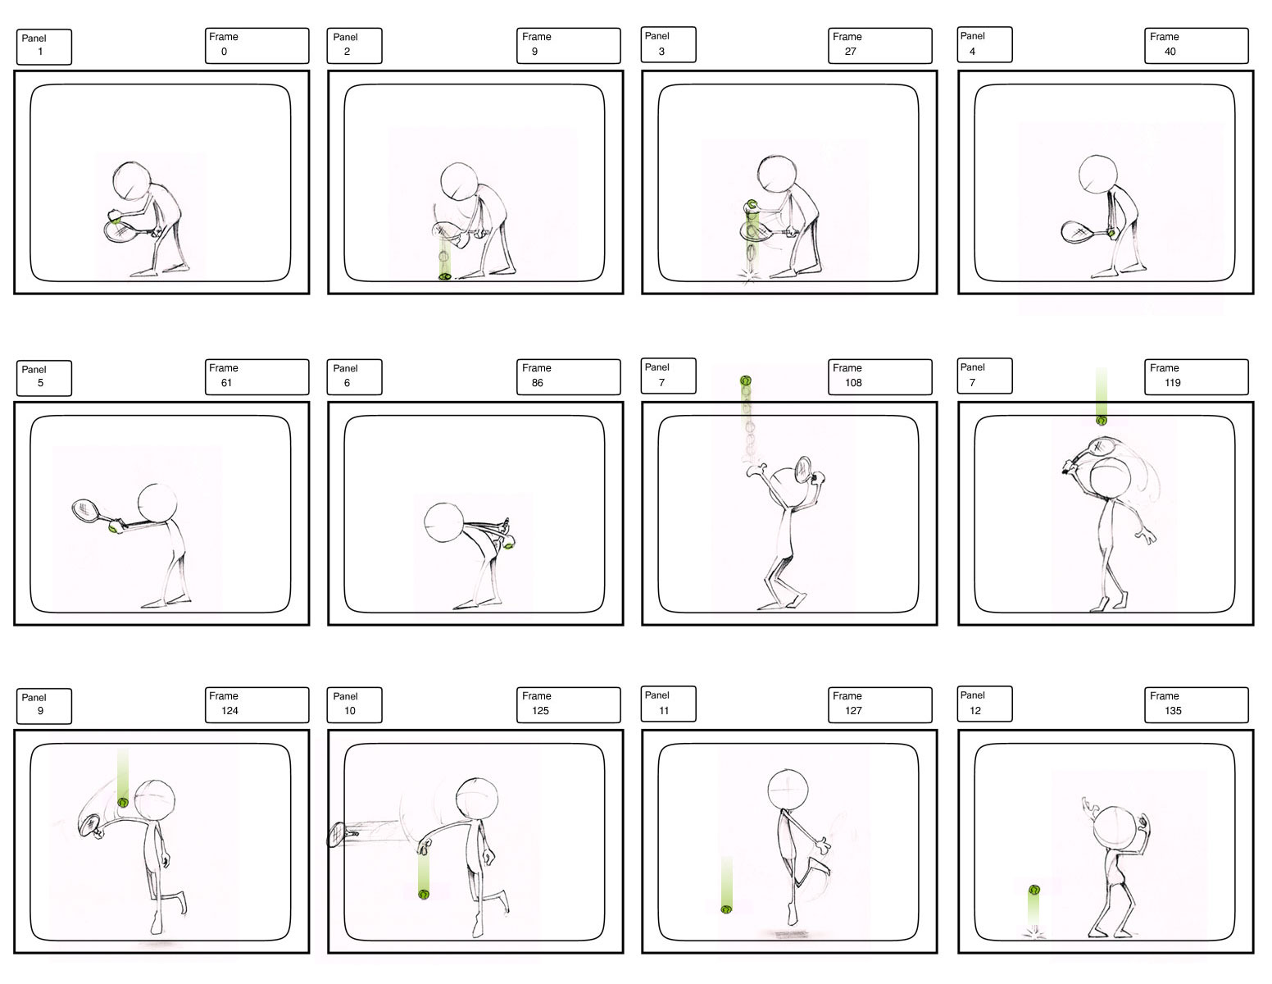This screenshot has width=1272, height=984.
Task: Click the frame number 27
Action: tap(850, 52)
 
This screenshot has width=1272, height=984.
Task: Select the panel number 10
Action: tap(349, 711)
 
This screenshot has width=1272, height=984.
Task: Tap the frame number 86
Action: tap(537, 383)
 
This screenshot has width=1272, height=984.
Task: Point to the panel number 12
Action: tap(974, 711)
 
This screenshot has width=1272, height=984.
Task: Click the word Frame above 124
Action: tap(224, 695)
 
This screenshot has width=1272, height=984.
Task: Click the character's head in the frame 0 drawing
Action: tap(132, 181)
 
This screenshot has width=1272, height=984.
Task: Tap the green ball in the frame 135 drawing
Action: tap(1034, 891)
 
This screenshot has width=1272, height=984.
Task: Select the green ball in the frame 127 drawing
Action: tap(726, 909)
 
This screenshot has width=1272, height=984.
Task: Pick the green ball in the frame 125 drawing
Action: tap(424, 895)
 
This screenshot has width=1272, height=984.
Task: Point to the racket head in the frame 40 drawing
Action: tap(1077, 232)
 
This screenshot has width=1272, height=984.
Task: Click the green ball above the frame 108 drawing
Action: tap(745, 381)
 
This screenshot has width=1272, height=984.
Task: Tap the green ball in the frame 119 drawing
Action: tap(1101, 421)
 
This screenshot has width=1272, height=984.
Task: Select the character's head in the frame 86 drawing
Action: tap(443, 522)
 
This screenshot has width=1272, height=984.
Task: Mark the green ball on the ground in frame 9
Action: tap(445, 276)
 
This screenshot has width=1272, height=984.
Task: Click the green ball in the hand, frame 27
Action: tap(752, 205)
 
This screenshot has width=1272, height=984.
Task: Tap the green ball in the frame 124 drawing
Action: tap(122, 803)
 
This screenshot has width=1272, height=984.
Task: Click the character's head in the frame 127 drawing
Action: tap(788, 790)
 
